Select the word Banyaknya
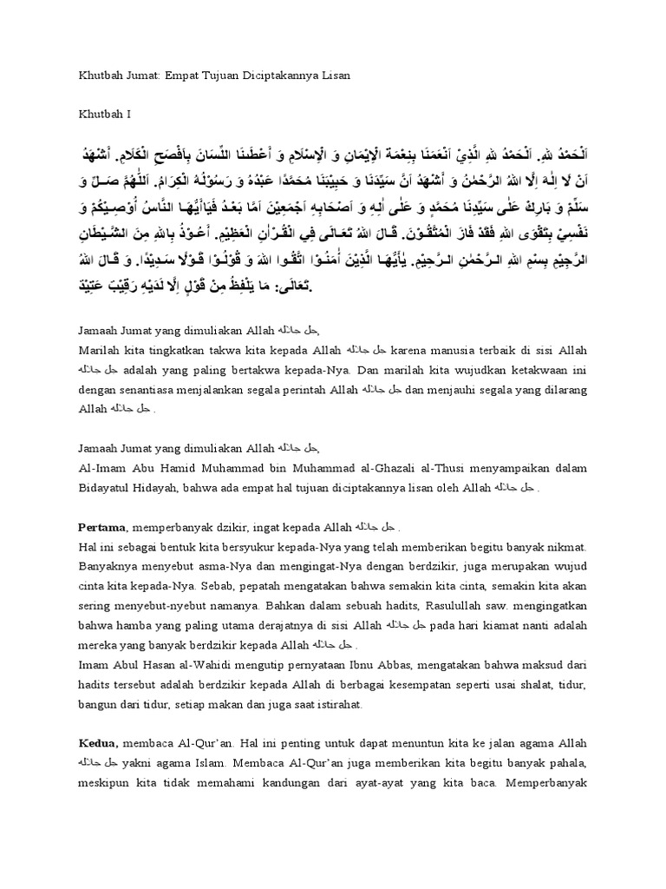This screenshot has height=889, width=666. click(x=111, y=564)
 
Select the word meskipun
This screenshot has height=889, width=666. click(x=108, y=783)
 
